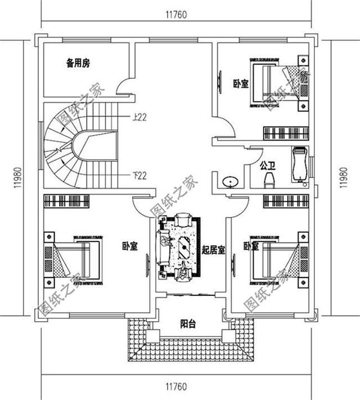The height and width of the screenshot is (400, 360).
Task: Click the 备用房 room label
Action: (78, 64)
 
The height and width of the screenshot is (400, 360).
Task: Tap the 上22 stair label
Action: (139, 117)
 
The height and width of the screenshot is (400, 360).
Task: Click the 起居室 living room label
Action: (213, 250)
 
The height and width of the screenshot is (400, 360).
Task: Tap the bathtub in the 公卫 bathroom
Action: (298, 165)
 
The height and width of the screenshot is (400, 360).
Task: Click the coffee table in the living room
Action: (183, 248)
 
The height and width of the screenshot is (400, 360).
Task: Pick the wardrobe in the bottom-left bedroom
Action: (66, 200)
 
